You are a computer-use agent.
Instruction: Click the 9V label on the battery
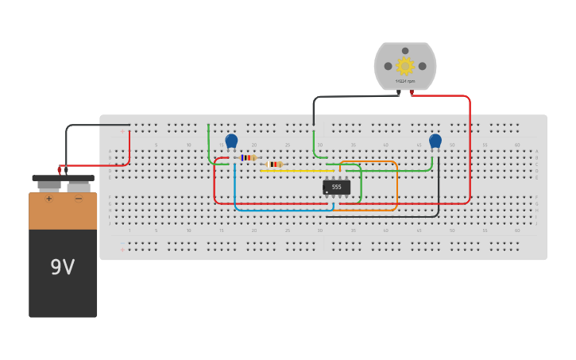click(63, 267)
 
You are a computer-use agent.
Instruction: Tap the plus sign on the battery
click(48, 199)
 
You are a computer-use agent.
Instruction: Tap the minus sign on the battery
click(78, 199)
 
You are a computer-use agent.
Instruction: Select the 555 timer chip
click(336, 188)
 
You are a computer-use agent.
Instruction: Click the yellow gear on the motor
click(405, 66)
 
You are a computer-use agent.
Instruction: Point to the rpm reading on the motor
click(405, 81)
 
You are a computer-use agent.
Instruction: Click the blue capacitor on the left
click(231, 141)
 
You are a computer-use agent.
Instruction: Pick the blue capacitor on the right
click(435, 141)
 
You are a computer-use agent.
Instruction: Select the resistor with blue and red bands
click(248, 157)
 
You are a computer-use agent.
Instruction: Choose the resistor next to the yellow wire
click(275, 164)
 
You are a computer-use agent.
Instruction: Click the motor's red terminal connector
click(412, 93)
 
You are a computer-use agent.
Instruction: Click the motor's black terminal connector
click(398, 93)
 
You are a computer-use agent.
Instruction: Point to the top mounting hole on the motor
click(405, 51)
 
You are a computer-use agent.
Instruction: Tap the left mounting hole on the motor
click(389, 66)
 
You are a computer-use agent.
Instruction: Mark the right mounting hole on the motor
click(422, 66)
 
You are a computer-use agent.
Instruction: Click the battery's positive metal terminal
click(49, 186)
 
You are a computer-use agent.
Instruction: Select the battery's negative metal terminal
click(78, 186)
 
